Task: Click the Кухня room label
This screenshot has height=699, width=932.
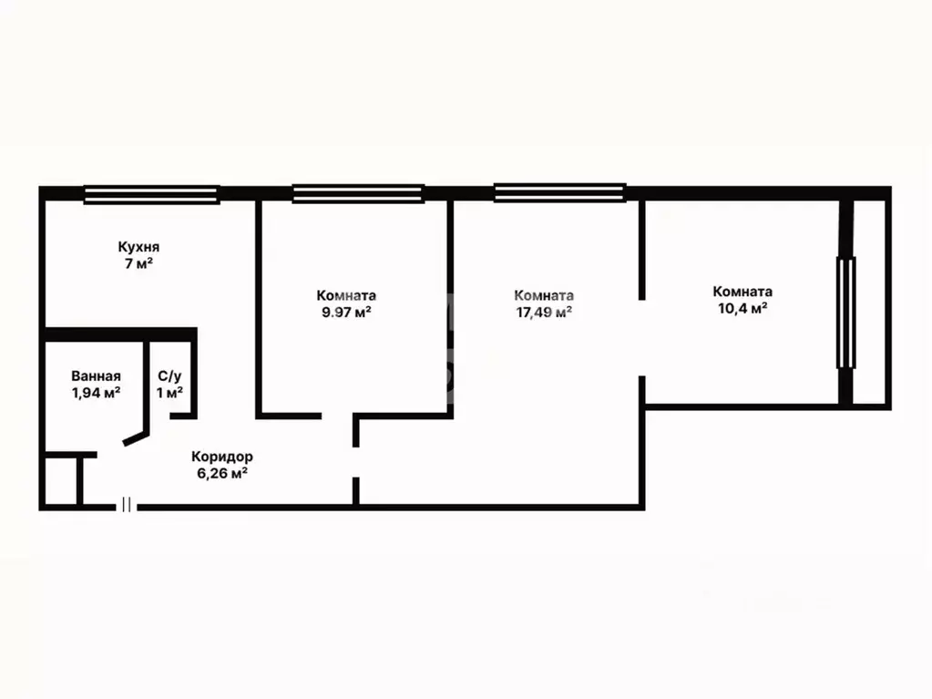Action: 138,247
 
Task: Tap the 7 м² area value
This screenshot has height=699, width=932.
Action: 138,263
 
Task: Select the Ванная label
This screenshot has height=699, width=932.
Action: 96,376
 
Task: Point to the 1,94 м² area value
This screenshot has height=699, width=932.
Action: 97,393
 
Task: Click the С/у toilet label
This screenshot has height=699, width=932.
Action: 169,377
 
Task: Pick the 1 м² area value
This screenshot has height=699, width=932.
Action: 169,393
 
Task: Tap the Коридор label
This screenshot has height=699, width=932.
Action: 222,457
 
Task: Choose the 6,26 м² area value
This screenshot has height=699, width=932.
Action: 222,474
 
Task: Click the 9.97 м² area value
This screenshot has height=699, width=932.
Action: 346,312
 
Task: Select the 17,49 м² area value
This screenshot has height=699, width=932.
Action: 544,312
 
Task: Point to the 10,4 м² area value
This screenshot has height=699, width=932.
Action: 743,308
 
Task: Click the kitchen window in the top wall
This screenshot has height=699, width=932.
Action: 151,194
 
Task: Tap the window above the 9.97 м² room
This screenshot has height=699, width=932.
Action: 358,194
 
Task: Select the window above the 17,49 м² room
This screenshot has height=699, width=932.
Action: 559,192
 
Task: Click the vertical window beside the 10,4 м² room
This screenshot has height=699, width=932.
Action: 845,313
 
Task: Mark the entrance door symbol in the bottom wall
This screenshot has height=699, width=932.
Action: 126,505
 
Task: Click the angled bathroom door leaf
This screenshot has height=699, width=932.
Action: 135,438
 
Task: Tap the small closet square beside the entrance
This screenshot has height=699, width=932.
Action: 61,481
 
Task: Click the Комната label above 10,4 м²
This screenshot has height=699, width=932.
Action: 743,292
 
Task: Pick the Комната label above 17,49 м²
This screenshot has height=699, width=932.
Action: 544,295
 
